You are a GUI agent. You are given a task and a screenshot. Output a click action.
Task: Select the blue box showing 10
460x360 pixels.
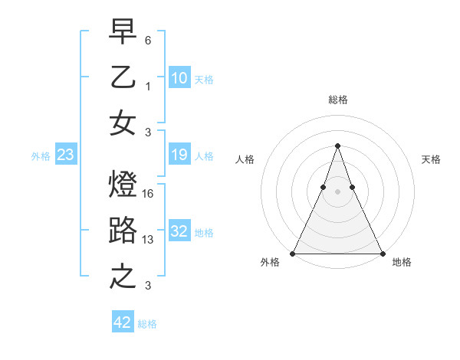[x=179, y=78]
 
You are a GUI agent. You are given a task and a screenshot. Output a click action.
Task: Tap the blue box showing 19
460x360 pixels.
[x=179, y=155]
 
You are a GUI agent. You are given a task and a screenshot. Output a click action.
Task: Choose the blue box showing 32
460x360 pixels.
[x=179, y=232]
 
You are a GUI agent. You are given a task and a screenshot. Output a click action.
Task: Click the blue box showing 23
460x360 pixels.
[x=66, y=155]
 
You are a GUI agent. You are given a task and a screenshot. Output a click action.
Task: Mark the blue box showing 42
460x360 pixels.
[x=123, y=322]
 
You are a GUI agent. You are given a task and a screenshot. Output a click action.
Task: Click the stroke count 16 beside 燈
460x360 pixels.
[x=149, y=195]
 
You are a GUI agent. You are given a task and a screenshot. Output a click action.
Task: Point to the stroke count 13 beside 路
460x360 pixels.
[x=149, y=240]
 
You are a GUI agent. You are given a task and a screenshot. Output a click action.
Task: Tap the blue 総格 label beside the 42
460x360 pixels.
[x=147, y=324]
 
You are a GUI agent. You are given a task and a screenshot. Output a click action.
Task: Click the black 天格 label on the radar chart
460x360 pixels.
[x=431, y=159]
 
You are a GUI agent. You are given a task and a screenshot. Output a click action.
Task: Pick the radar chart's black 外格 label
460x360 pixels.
[x=270, y=263]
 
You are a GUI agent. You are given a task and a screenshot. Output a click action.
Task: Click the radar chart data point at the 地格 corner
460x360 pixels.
[x=382, y=254]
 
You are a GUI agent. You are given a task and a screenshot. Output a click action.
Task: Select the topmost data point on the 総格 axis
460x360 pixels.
[x=337, y=146]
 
